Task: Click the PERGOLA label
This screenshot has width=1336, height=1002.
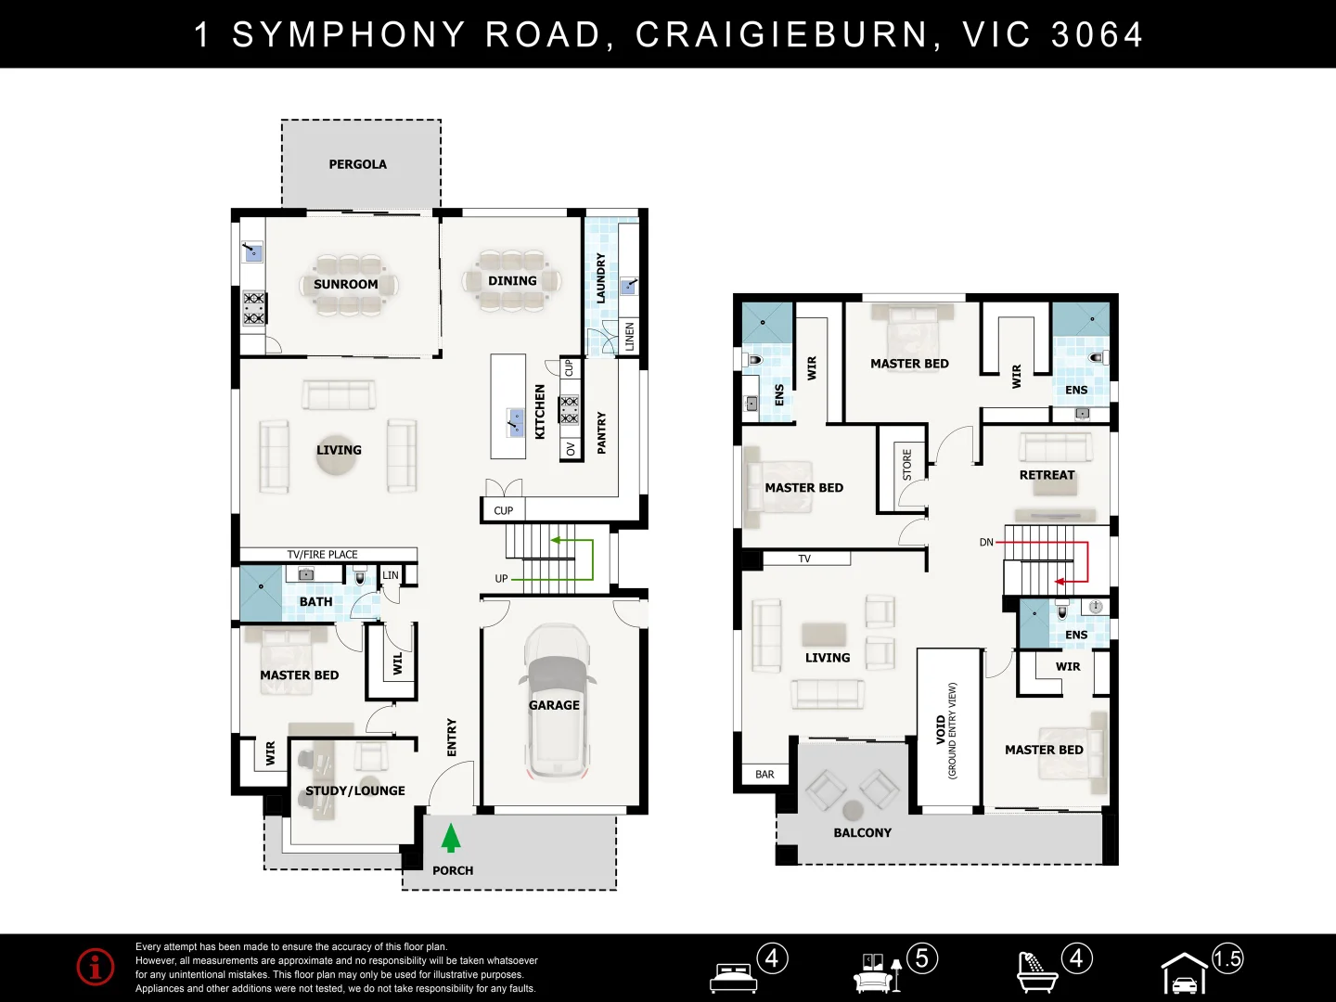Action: pos(358,164)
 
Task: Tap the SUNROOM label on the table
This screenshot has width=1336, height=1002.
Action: pos(346,284)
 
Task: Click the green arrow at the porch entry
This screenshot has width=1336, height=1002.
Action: pos(450,838)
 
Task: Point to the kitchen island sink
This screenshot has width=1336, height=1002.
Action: pos(516,422)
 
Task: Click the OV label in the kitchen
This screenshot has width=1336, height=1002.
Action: pos(571,449)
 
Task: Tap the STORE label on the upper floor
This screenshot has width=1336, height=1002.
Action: pos(906,465)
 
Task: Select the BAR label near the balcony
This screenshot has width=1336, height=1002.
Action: pos(764,775)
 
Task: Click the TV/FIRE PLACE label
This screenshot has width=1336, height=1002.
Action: pos(322,554)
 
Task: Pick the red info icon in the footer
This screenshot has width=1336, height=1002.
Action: pos(96,967)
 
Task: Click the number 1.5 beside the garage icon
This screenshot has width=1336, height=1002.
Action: pos(1227,959)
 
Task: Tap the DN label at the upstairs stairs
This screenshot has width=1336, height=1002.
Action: pos(986,542)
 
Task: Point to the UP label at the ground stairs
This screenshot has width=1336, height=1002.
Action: pos(501,579)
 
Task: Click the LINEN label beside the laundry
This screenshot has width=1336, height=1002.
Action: pos(629,337)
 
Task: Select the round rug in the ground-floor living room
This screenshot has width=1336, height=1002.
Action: pos(336,456)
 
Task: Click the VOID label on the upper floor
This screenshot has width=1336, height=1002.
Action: pos(941,729)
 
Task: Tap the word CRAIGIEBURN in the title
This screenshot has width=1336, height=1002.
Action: pos(782,34)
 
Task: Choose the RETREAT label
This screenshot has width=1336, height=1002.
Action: pos(1047,475)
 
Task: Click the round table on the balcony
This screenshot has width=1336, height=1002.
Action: pos(853,810)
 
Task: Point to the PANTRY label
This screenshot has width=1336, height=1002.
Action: pos(601,432)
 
